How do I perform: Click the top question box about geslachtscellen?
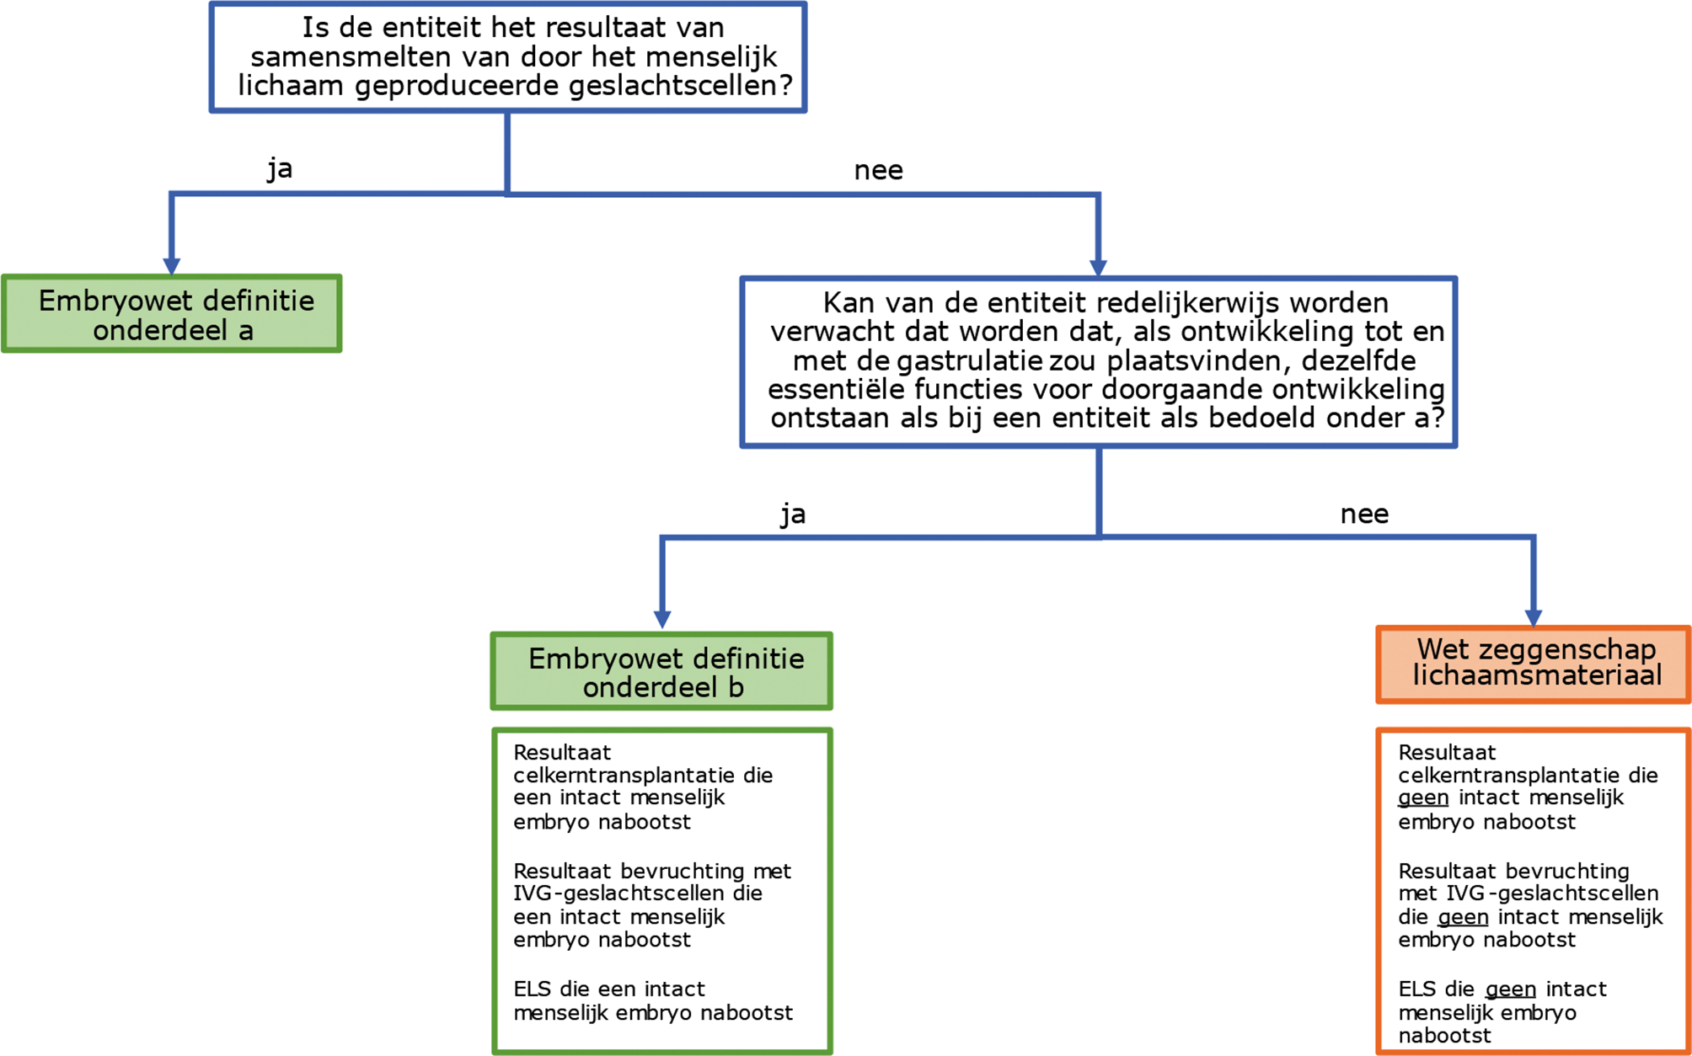[x=508, y=57]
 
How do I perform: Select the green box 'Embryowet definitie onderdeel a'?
[x=172, y=314]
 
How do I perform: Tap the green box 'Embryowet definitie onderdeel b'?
[x=661, y=672]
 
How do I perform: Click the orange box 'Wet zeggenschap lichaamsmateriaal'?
[x=1533, y=664]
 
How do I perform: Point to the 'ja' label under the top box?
[x=280, y=168]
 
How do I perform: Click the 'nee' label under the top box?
[x=878, y=171]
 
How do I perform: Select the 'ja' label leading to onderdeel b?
[x=793, y=514]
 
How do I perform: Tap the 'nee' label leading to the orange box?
[x=1364, y=514]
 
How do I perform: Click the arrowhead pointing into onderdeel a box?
[x=172, y=266]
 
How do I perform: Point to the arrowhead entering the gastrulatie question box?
[x=1098, y=268]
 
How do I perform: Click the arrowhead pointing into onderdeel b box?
[x=662, y=619]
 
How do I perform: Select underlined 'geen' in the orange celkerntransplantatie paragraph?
[x=1423, y=797]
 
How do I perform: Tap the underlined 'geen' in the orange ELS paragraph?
[x=1510, y=989]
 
